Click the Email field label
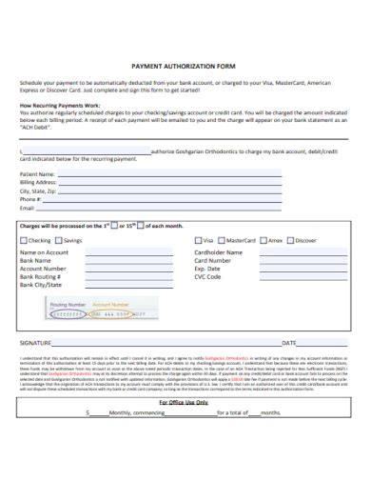pos(28,207)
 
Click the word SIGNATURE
pos(36,341)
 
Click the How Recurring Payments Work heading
pos(59,105)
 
